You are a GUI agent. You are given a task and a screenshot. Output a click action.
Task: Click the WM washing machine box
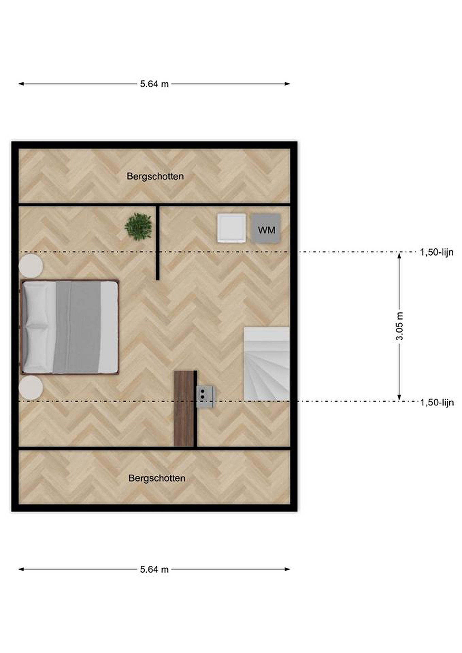[x=266, y=228]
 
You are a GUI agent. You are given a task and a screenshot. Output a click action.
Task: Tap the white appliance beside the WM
[x=232, y=228]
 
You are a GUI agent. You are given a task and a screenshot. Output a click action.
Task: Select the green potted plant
[x=138, y=227]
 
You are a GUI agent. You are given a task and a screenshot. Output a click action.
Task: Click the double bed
[x=70, y=327]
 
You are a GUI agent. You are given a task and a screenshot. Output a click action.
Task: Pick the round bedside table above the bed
[x=31, y=266]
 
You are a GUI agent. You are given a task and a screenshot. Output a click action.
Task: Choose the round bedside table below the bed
[x=31, y=388]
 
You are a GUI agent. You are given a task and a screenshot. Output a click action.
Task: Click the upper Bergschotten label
[x=155, y=176]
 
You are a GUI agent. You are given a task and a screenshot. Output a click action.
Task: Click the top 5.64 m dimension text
[x=154, y=84]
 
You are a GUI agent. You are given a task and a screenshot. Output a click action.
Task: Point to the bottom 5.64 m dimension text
[x=154, y=569]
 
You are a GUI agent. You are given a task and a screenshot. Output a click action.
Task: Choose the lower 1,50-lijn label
[x=437, y=402]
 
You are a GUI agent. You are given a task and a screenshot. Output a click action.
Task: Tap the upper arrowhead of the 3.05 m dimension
[x=399, y=255]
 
